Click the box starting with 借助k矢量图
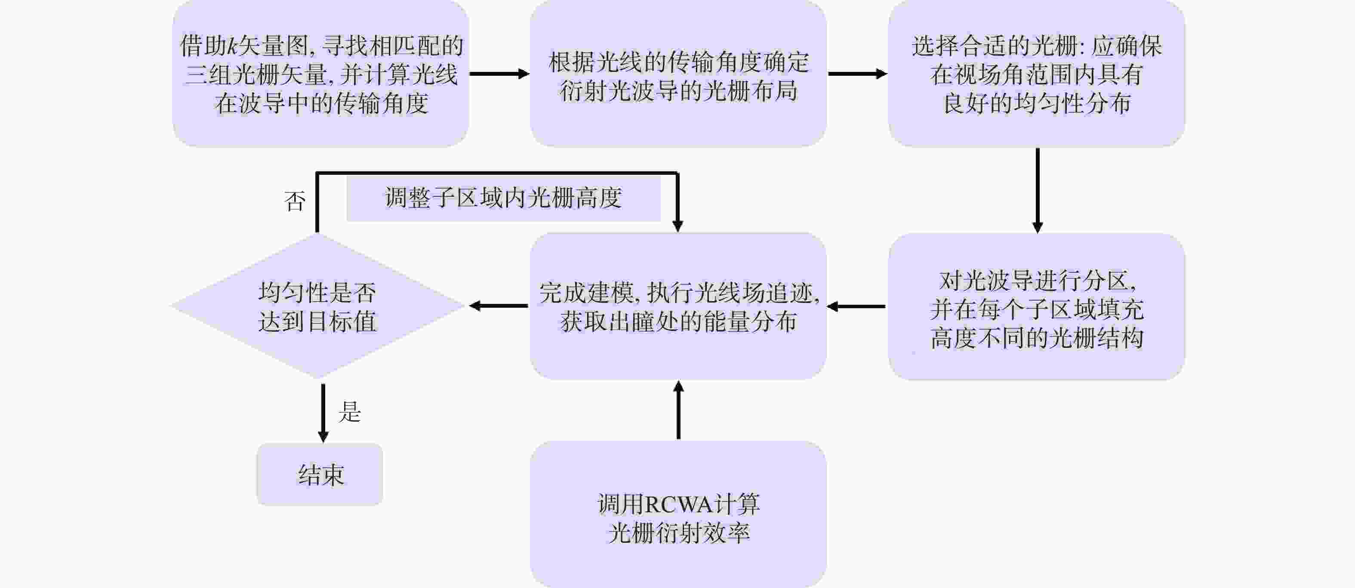tap(321, 73)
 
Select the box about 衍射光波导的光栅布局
tap(678, 73)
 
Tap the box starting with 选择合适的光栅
tap(1036, 73)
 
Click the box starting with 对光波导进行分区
tap(1036, 306)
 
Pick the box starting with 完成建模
tap(678, 306)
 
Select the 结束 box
tap(320, 474)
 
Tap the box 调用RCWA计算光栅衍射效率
tap(678, 514)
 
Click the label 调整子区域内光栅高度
tap(503, 198)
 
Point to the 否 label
tap(295, 201)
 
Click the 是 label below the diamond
tap(350, 411)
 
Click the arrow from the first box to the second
tap(499, 74)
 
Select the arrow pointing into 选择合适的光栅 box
tap(857, 74)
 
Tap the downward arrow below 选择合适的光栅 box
tap(1037, 191)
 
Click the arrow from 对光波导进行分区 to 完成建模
tap(856, 306)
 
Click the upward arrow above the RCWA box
tap(678, 409)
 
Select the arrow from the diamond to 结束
tap(323, 413)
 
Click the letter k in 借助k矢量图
tap(231, 46)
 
